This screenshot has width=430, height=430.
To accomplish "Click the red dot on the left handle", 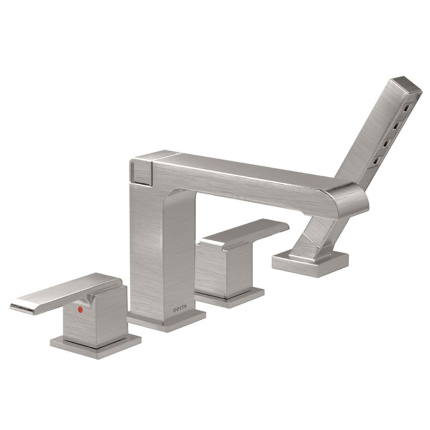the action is (x=80, y=310).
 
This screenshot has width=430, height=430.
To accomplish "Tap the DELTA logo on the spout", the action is (x=180, y=310).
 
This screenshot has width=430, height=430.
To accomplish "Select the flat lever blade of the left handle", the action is (x=63, y=295).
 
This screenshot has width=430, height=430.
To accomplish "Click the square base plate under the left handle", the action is (x=96, y=346).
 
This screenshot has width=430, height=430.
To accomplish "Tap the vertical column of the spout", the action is (x=162, y=247).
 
